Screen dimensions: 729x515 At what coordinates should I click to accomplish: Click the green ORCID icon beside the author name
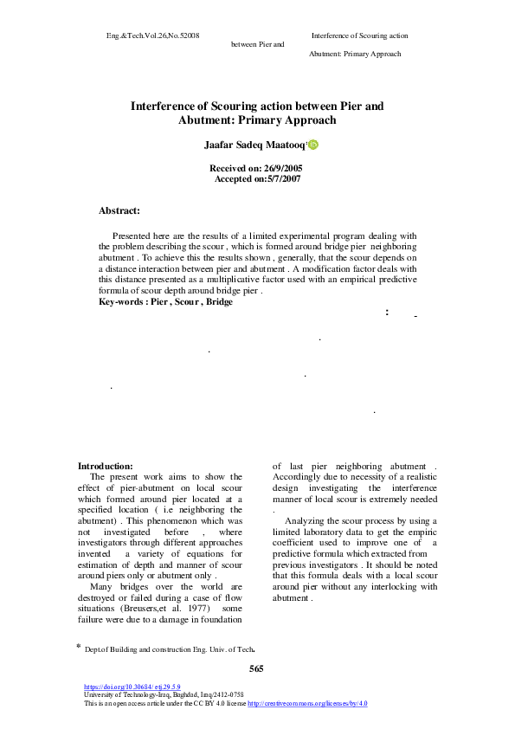313,145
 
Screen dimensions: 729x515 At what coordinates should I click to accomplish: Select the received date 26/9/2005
278,168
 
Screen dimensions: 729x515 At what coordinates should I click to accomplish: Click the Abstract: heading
119,210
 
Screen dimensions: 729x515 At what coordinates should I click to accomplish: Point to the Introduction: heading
106,466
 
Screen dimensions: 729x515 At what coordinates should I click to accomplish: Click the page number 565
256,668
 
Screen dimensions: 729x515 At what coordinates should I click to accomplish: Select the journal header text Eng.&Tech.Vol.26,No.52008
153,35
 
